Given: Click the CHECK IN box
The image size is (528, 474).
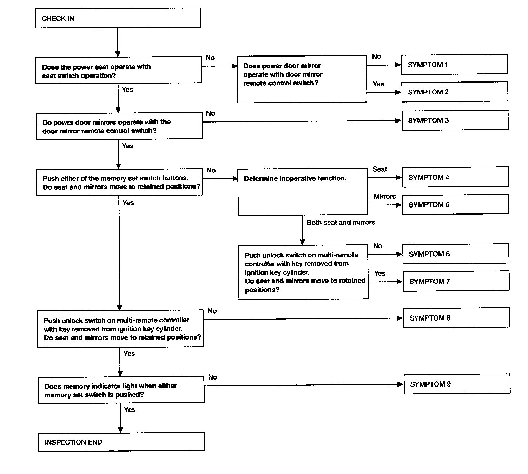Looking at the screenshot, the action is tap(118, 18).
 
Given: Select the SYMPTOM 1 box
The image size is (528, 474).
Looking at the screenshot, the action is tap(454, 64).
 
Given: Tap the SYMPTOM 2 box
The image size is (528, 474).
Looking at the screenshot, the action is tap(455, 92).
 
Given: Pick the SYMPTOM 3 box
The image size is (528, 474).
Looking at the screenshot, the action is tap(455, 120).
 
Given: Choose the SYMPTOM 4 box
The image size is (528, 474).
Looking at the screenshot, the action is tap(455, 177).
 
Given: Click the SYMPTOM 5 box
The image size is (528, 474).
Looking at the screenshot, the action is tap(456, 204).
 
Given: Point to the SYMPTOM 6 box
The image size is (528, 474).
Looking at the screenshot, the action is tap(456, 254).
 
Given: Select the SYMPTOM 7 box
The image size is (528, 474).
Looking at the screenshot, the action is tap(456, 281).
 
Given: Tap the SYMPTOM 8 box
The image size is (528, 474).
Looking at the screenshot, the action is tap(456, 317).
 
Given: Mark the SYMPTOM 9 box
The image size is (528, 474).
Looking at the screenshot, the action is tap(457, 384).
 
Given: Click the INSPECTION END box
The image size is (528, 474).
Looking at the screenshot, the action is tap(121, 442).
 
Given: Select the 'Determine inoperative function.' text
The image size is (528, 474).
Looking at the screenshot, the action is tap(295, 178).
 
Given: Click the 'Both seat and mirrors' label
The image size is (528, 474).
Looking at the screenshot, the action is tap(341, 222).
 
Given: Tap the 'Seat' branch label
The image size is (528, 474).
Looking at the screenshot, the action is tap(380, 169).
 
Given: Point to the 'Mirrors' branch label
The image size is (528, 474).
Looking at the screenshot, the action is tap(385, 196).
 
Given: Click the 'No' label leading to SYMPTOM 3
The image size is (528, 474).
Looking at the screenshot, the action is tap(211, 113).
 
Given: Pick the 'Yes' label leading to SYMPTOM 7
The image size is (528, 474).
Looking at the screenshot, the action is tap(379, 273).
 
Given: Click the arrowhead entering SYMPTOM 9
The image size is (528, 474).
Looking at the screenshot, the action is tap(400, 384).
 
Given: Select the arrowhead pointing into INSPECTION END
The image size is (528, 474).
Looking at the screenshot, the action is tap(120, 429).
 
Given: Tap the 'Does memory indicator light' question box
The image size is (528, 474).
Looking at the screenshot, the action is tap(121, 390).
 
